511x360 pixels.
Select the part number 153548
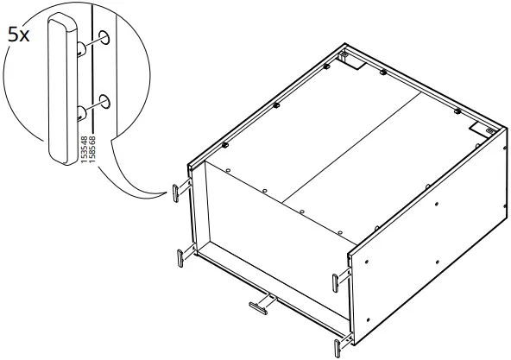pos(83,151)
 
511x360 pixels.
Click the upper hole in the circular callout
pos(104,37)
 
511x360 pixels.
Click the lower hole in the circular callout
pos(104,102)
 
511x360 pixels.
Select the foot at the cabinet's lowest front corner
pos(338,343)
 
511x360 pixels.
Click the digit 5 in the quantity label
pos(14,36)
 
